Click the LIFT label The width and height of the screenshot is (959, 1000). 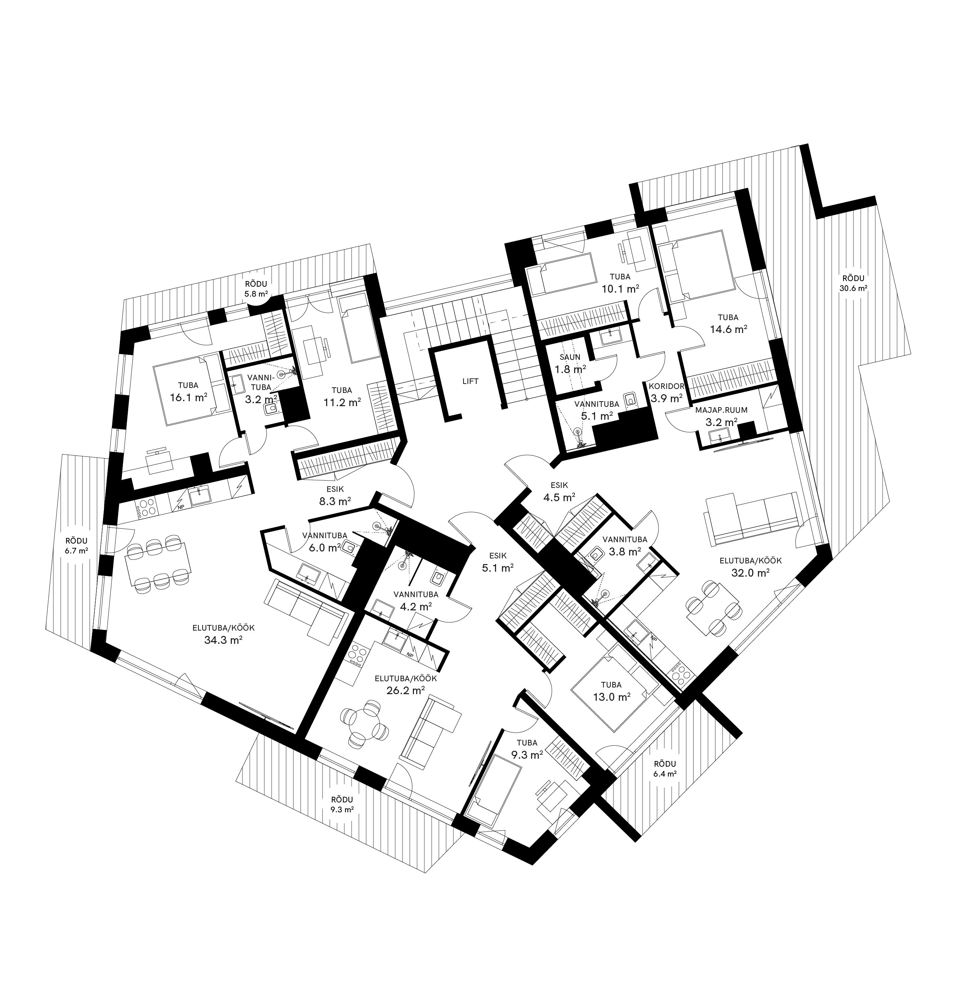coord(470,381)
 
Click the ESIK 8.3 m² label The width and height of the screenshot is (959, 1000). coord(334,496)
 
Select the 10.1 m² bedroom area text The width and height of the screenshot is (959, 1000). coord(620,288)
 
